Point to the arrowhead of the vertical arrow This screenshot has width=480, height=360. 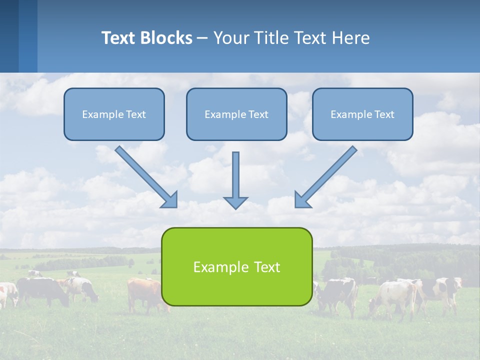[235, 202]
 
